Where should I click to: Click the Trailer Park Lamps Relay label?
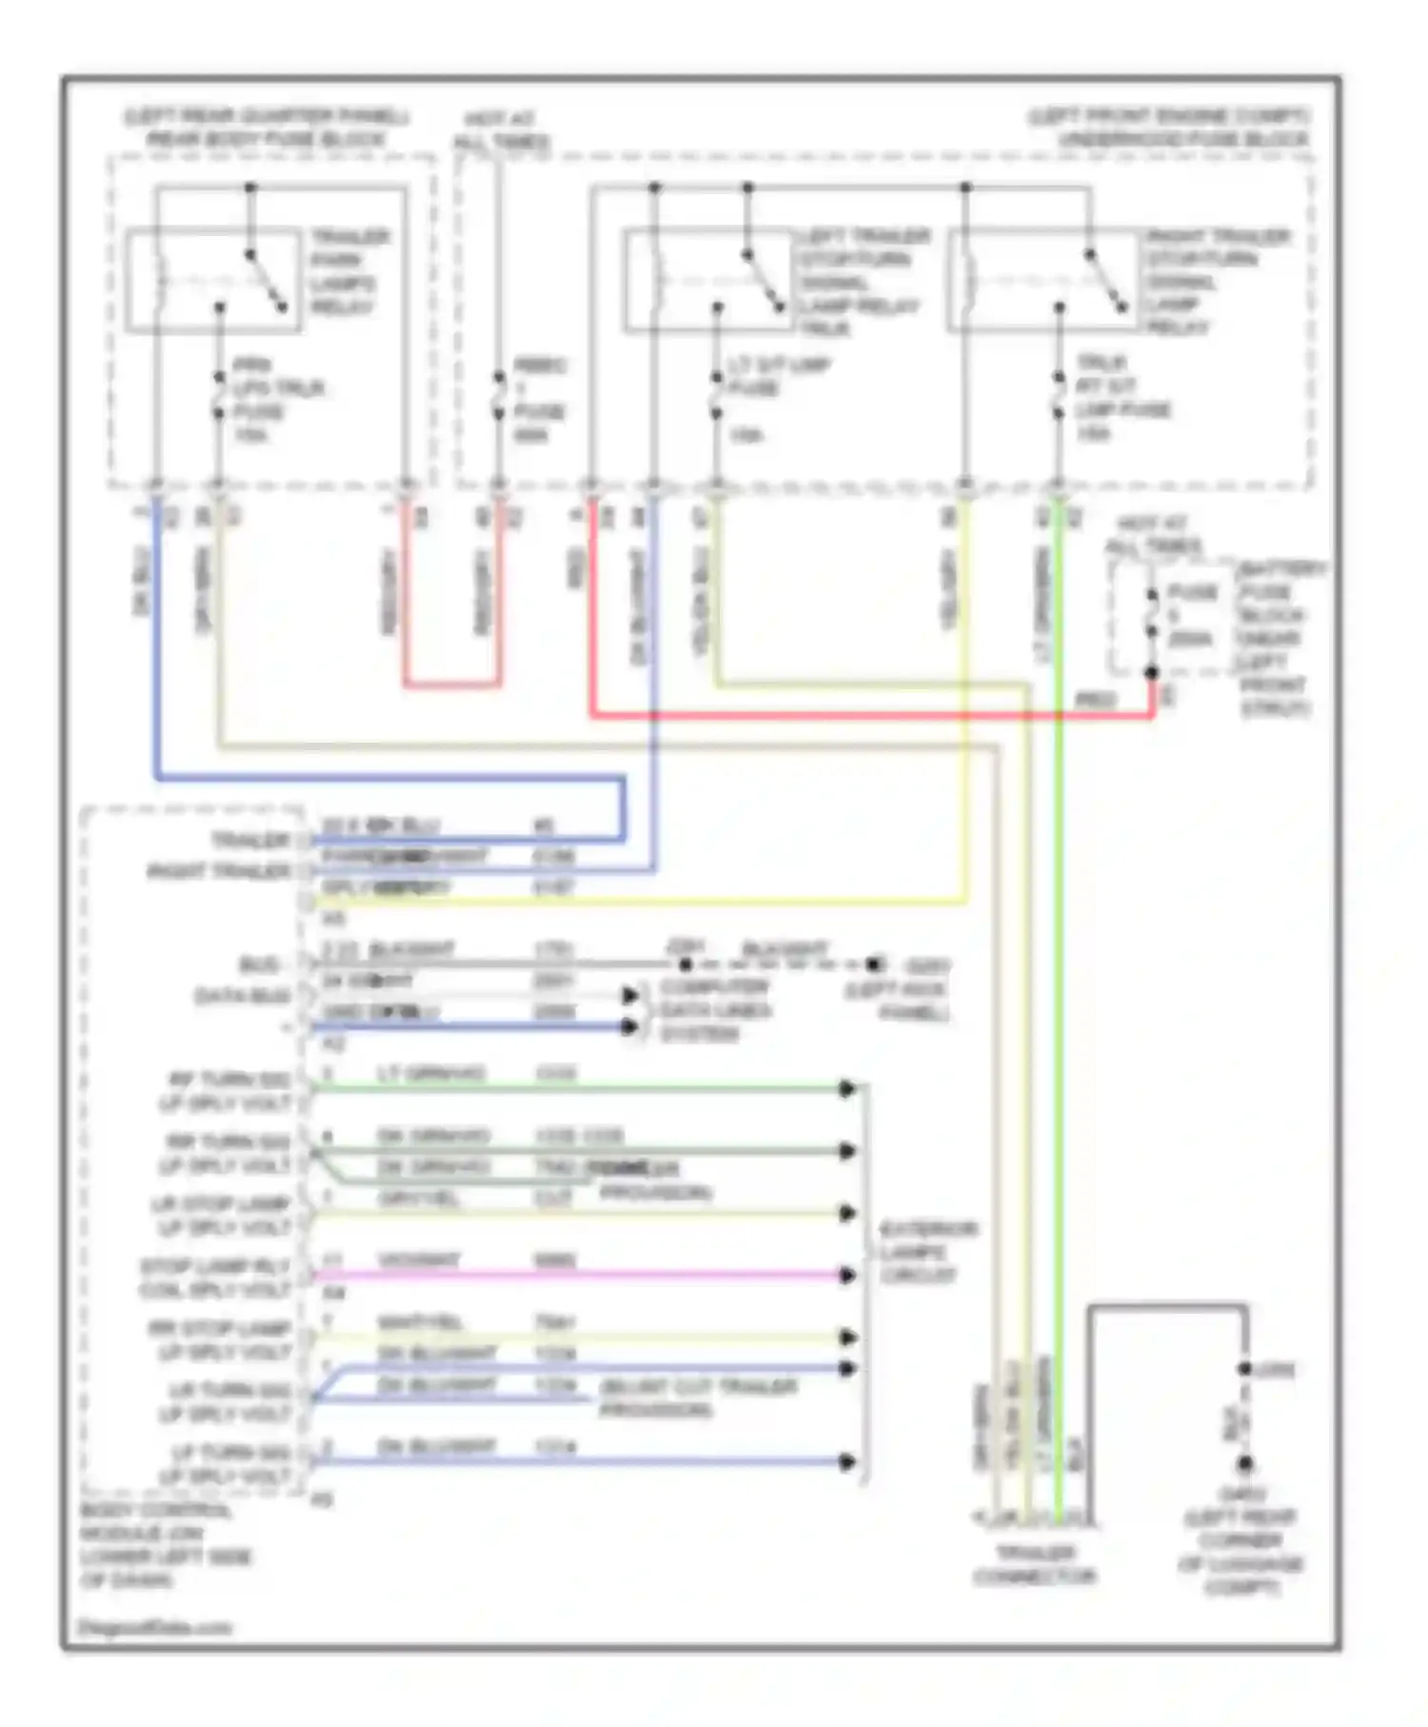347,272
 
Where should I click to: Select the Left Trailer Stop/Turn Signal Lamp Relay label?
861,282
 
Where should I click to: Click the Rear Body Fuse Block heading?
267,129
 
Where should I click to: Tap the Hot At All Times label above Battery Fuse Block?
1152,535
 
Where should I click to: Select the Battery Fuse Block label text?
1279,638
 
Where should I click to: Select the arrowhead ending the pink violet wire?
847,1275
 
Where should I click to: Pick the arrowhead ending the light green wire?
847,1088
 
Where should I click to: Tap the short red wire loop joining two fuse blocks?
451,683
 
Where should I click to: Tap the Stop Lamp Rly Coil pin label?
215,1278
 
